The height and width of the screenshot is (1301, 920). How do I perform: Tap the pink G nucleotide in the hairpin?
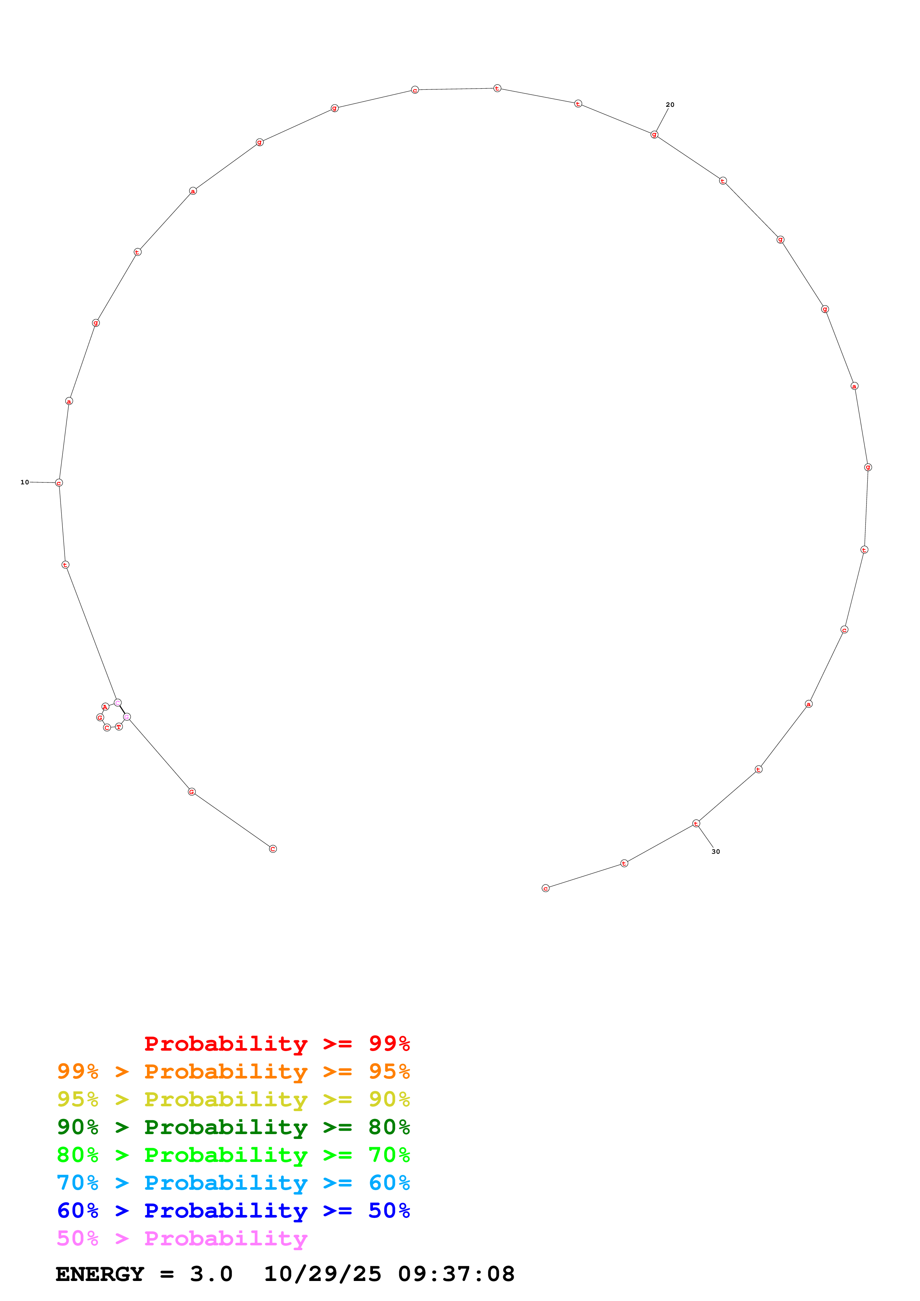click(x=127, y=717)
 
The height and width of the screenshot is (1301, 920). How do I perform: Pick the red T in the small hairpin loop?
click(x=119, y=727)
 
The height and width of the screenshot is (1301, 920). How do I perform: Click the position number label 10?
click(x=24, y=482)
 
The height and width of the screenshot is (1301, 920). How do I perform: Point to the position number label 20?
click(x=670, y=105)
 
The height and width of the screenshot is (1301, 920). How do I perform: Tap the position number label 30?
click(x=716, y=852)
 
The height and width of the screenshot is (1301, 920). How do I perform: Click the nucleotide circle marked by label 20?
click(x=654, y=134)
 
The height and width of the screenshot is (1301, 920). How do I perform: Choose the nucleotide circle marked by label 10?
click(x=59, y=483)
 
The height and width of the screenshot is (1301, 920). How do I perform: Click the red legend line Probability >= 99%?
click(x=276, y=1044)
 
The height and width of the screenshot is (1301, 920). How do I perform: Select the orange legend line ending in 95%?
click(x=233, y=1071)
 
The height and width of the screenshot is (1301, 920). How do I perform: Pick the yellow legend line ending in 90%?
click(x=233, y=1099)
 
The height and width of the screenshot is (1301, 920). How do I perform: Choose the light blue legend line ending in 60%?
click(x=233, y=1183)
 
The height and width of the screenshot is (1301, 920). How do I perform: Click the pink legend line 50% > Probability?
click(x=182, y=1239)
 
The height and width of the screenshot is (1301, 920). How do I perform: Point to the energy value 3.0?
click(x=211, y=1274)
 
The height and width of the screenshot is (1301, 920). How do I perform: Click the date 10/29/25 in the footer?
click(x=323, y=1274)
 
